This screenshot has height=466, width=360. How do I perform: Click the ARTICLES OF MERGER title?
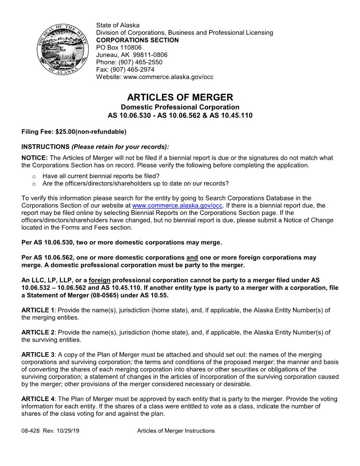click(180, 97)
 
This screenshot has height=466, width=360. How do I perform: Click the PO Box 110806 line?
click(119, 47)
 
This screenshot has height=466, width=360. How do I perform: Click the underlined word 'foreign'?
click(99, 280)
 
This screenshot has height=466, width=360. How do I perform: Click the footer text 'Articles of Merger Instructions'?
click(176, 431)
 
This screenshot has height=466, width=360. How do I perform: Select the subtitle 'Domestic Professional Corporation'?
click(180, 107)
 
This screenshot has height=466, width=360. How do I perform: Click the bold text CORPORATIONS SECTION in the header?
click(137, 40)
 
